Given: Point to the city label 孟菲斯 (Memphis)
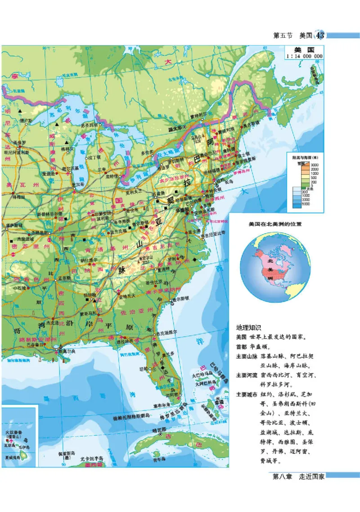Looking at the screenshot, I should coord(64,278).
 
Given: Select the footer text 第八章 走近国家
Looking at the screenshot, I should coord(299,477).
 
